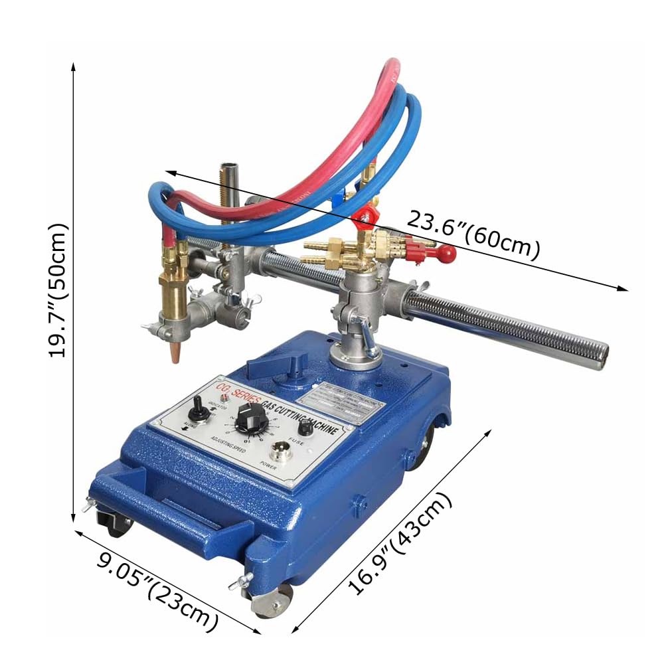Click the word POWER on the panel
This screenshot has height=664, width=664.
[268, 465]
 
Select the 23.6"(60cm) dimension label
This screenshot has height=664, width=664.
[473, 234]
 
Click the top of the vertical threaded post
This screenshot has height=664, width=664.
[229, 165]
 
